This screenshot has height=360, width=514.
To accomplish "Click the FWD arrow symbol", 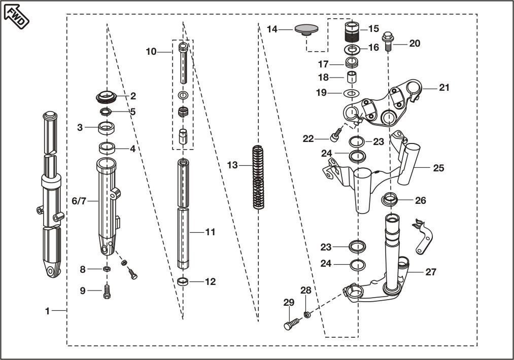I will coord(17,16).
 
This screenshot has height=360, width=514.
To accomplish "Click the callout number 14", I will coord(272,29).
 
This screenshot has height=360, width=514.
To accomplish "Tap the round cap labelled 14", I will coord(307,28).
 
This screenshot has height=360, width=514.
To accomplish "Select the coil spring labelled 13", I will coord(259,177).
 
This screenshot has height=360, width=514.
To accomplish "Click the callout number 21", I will coord(444,87).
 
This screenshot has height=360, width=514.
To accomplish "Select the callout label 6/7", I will coord(79,201).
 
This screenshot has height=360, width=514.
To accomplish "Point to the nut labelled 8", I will coord(107,269).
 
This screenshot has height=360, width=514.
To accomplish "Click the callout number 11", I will coord(211,232).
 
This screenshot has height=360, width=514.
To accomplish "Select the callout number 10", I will coord(151,51).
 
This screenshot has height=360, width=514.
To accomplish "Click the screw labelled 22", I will coord(335,137).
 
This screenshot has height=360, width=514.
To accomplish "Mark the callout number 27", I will coord(431,272).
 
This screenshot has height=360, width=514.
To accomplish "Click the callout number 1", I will coord(48,311).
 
